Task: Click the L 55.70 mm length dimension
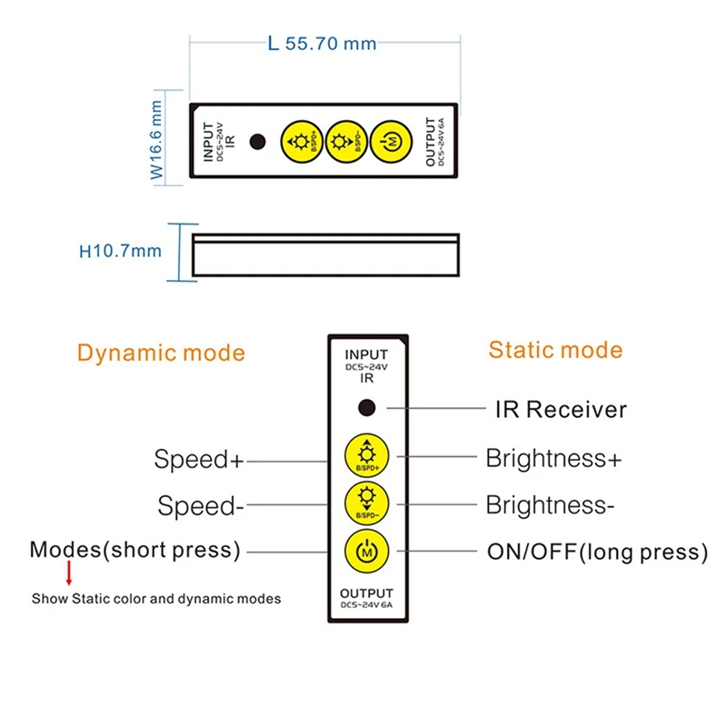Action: point(323,44)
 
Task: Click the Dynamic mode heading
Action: point(161,353)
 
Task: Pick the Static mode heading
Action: point(555,350)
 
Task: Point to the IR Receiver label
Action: point(560,410)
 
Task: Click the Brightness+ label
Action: point(553,458)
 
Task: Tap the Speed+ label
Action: point(199,460)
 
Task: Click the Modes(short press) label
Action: point(135,550)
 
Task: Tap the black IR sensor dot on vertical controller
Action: point(366,408)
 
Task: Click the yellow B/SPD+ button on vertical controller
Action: point(366,455)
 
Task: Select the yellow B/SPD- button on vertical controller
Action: point(366,502)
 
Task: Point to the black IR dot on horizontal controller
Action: point(258,141)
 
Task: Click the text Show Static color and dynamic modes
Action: point(156,599)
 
